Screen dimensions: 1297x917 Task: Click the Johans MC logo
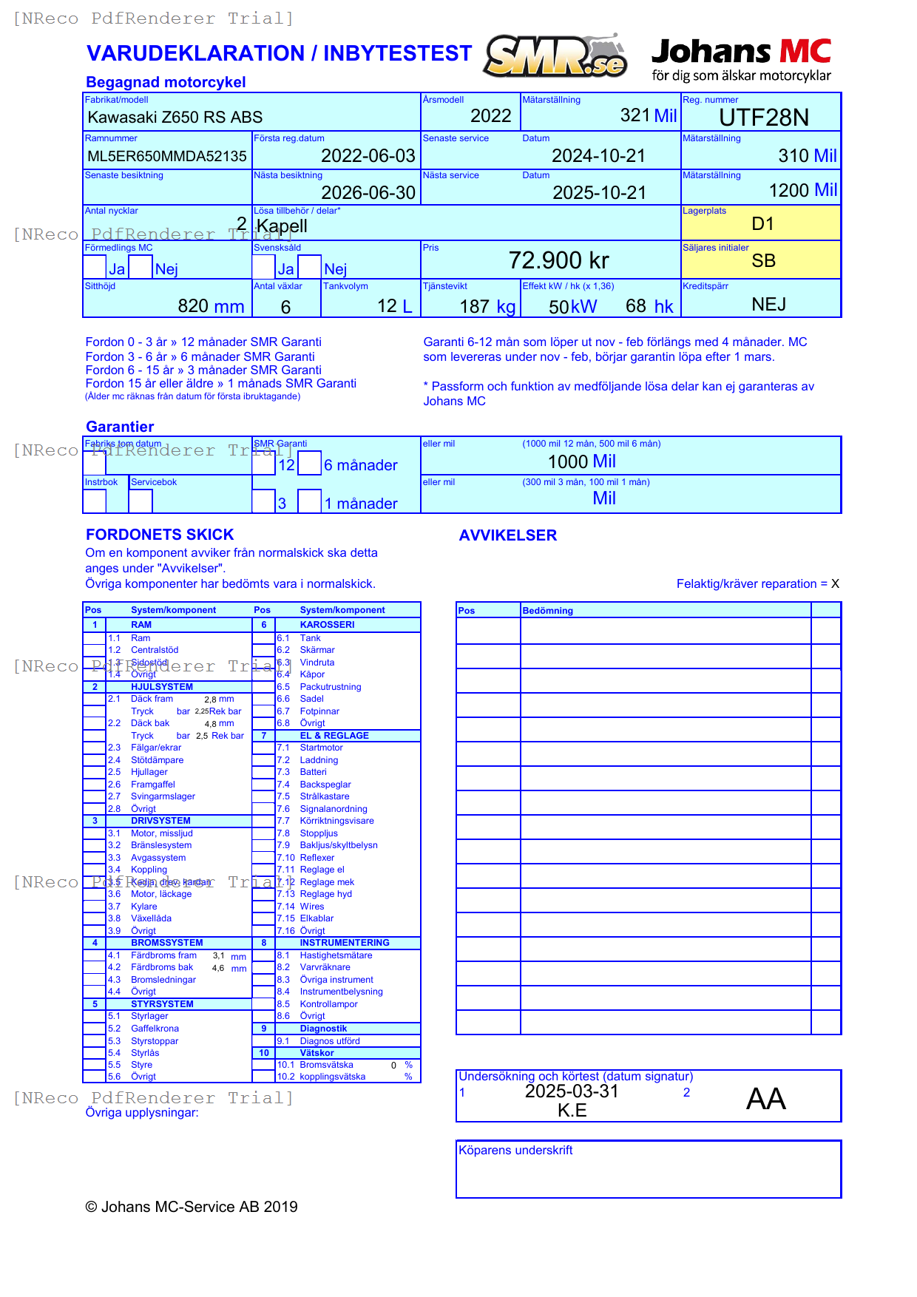(x=741, y=59)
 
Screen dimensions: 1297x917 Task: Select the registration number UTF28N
(x=764, y=118)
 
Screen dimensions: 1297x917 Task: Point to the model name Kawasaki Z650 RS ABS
(x=175, y=118)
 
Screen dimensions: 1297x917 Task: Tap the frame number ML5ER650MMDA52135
(x=167, y=156)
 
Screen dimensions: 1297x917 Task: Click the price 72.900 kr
(x=558, y=260)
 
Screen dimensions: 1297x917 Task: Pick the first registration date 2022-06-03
(x=368, y=156)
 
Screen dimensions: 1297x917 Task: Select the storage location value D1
(x=762, y=224)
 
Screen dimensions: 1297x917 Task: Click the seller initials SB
(x=763, y=261)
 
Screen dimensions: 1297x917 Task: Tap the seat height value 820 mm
(x=211, y=306)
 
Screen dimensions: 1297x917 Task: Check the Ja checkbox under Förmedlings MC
(x=95, y=267)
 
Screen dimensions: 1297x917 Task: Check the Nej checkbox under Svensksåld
(x=310, y=267)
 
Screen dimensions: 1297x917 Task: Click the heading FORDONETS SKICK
(x=160, y=535)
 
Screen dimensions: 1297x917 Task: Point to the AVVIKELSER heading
(x=508, y=535)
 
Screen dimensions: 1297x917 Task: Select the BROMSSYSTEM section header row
(x=167, y=943)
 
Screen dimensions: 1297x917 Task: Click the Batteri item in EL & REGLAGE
(x=313, y=772)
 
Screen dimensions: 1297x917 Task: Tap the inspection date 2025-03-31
(x=572, y=1091)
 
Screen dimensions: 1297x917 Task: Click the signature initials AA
(x=765, y=1099)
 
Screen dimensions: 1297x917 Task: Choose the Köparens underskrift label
(x=515, y=1150)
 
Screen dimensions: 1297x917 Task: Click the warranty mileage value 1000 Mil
(x=581, y=461)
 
